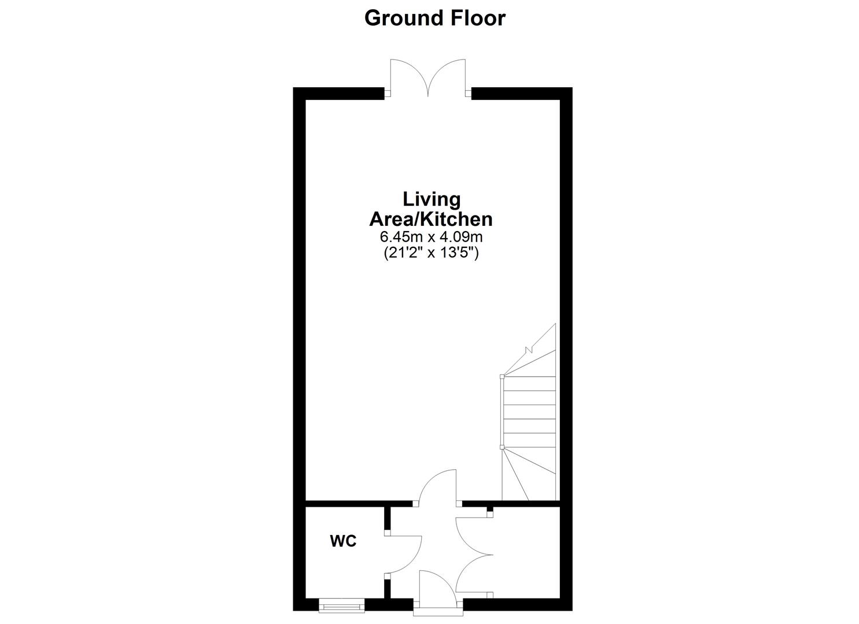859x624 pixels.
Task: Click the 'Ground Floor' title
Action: pyautogui.click(x=434, y=18)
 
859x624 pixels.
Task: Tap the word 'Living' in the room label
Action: pyautogui.click(x=432, y=199)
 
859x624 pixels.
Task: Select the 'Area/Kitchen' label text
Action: pyautogui.click(x=431, y=219)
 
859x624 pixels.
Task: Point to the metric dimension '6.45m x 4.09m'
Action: pyautogui.click(x=431, y=237)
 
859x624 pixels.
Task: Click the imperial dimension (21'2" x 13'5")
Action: pyautogui.click(x=431, y=252)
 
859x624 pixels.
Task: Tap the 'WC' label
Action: pyautogui.click(x=343, y=541)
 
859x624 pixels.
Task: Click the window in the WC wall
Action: pyautogui.click(x=341, y=606)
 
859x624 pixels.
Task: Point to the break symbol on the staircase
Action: pyautogui.click(x=528, y=348)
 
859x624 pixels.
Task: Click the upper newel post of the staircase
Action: pyautogui.click(x=502, y=377)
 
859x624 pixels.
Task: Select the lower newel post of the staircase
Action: pyautogui.click(x=502, y=447)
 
